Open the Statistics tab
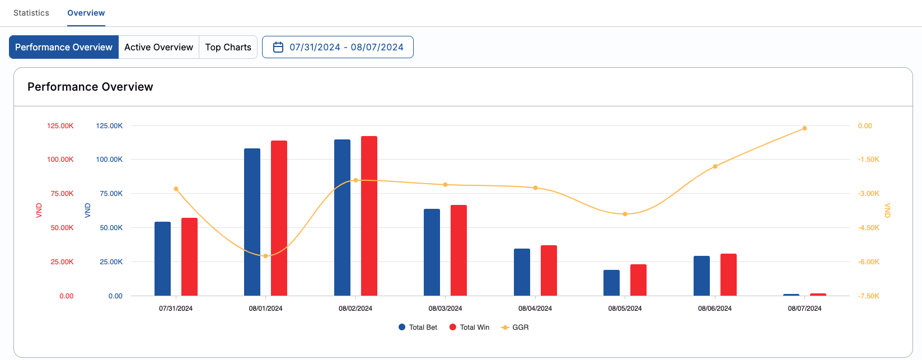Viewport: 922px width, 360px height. (31, 13)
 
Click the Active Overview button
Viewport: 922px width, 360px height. (158, 47)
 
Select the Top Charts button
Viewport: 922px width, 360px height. (228, 47)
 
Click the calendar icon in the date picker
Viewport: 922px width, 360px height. (278, 47)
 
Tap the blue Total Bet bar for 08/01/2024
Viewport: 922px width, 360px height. (252, 222)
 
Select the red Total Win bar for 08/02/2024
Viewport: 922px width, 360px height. (369, 216)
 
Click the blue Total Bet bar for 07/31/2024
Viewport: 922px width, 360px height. (162, 259)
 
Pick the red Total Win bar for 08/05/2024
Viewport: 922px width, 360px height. (638, 280)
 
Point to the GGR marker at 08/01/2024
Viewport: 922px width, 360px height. (265, 256)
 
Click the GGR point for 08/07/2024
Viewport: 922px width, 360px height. (804, 128)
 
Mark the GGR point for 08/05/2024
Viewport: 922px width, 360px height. (625, 214)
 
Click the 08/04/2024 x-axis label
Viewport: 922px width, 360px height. (535, 308)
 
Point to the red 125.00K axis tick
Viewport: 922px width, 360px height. (60, 126)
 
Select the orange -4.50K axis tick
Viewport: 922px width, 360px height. (868, 228)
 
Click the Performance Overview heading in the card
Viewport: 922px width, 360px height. (90, 87)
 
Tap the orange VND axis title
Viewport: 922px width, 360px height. (887, 211)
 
